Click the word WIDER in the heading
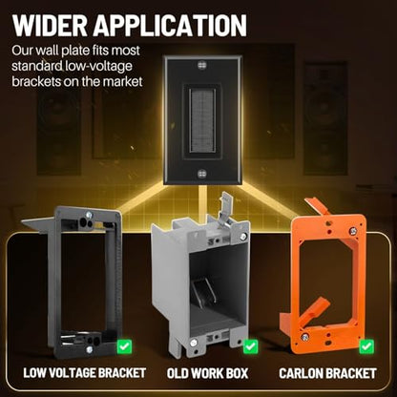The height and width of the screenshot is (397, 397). (51, 25)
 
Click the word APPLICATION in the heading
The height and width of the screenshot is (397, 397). (170, 25)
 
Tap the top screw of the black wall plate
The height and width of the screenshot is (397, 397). (202, 66)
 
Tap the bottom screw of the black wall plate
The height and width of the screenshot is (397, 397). (202, 174)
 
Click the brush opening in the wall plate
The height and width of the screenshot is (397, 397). (202, 120)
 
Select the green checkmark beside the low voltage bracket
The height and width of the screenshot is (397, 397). (124, 346)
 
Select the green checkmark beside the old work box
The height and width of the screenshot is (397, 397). (251, 346)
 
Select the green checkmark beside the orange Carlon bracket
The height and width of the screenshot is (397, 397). (366, 346)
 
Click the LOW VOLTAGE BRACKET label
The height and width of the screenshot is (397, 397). (85, 373)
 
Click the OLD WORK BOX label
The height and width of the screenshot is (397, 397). (207, 373)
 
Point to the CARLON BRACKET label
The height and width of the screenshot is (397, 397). (327, 373)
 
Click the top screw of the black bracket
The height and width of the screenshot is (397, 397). (89, 216)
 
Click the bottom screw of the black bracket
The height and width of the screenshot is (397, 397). (90, 349)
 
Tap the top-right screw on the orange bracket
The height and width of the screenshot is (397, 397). (353, 231)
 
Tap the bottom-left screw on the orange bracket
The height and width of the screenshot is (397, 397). (304, 337)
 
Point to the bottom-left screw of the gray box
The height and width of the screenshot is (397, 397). (193, 343)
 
